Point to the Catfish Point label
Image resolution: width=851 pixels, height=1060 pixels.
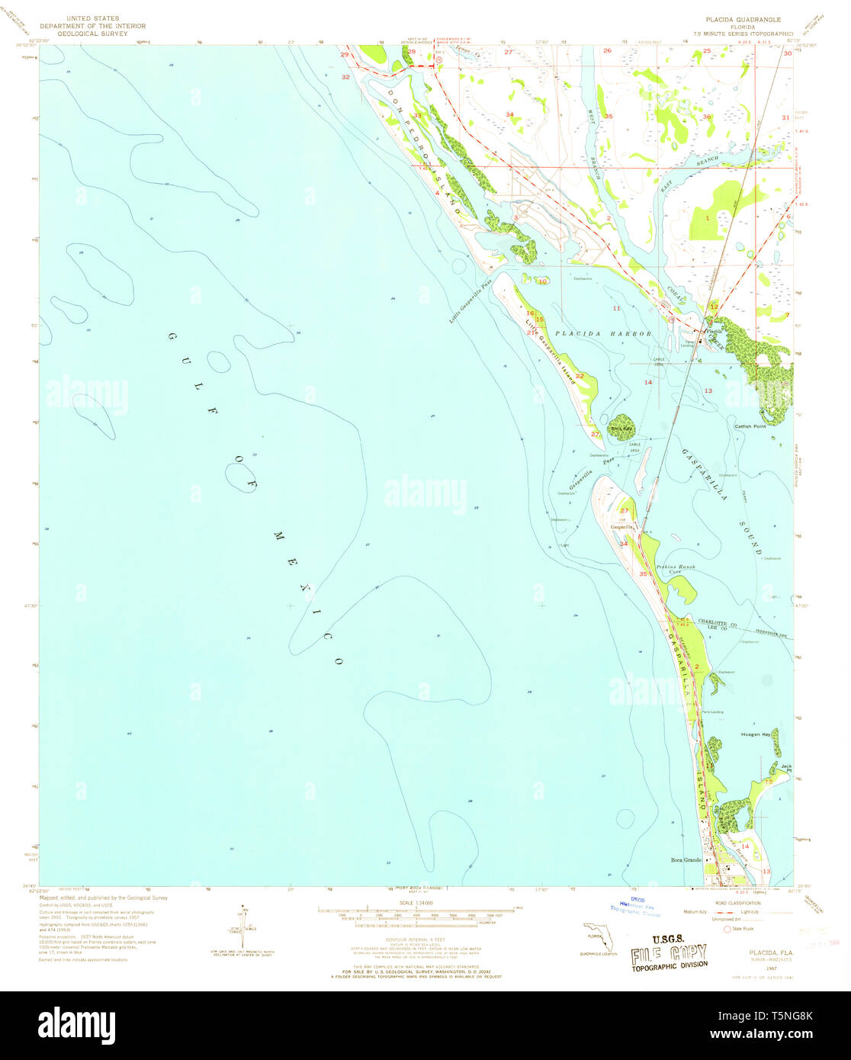pyautogui.click(x=749, y=426)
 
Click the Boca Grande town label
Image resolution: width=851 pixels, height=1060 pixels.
pyautogui.click(x=686, y=860)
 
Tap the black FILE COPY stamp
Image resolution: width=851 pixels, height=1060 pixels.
pyautogui.click(x=668, y=953)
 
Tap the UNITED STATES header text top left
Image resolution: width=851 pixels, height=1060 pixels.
pyautogui.click(x=92, y=18)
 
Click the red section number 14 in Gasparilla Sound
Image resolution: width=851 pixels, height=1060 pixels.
pyautogui.click(x=648, y=382)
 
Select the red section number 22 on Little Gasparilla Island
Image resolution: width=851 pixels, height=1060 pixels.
pyautogui.click(x=580, y=376)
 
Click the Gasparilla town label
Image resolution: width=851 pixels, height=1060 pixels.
pyautogui.click(x=621, y=527)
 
